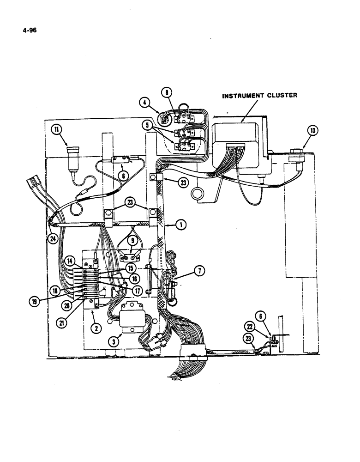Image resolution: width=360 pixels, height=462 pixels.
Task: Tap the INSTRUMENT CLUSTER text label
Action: click(260, 96)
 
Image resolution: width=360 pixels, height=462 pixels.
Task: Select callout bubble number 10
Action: click(313, 131)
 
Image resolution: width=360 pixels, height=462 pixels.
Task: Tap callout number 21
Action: click(61, 322)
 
